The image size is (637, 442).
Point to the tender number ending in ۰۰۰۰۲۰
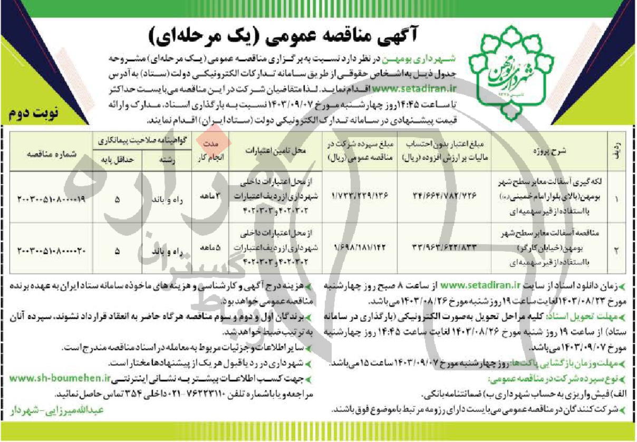tap(51, 251)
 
